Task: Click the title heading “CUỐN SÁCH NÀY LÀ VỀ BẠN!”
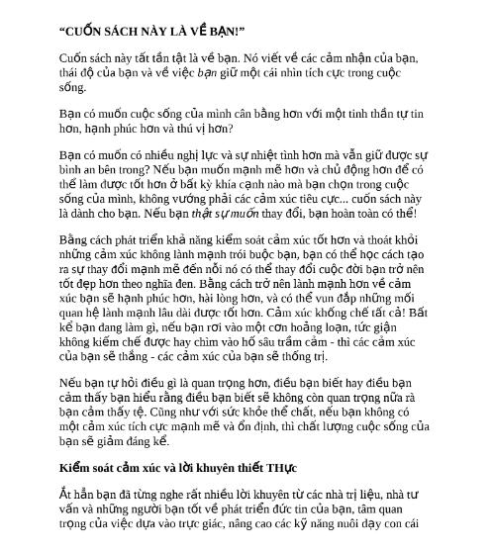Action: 150,31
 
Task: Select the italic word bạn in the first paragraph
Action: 206,72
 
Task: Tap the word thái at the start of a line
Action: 70,72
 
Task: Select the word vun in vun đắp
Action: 332,298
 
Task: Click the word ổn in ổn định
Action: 260,426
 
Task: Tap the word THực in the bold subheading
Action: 279,468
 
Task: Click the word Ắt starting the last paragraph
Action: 65,495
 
